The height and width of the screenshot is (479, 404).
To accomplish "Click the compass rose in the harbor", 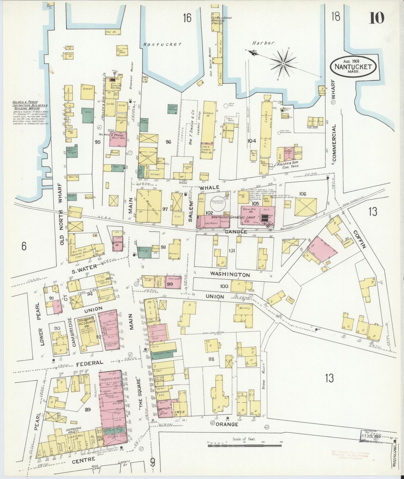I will (x=283, y=63).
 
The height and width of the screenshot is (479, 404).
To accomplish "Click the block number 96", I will (x=168, y=142).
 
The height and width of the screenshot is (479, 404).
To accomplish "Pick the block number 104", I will (x=252, y=141).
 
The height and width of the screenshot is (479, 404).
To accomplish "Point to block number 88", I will (x=211, y=359).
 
